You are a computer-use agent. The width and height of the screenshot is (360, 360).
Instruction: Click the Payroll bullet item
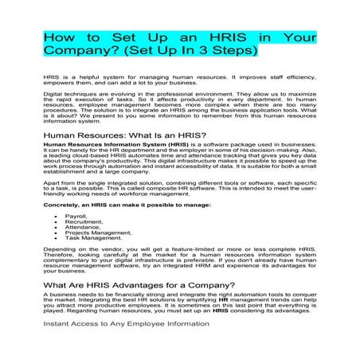[x=76, y=216]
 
